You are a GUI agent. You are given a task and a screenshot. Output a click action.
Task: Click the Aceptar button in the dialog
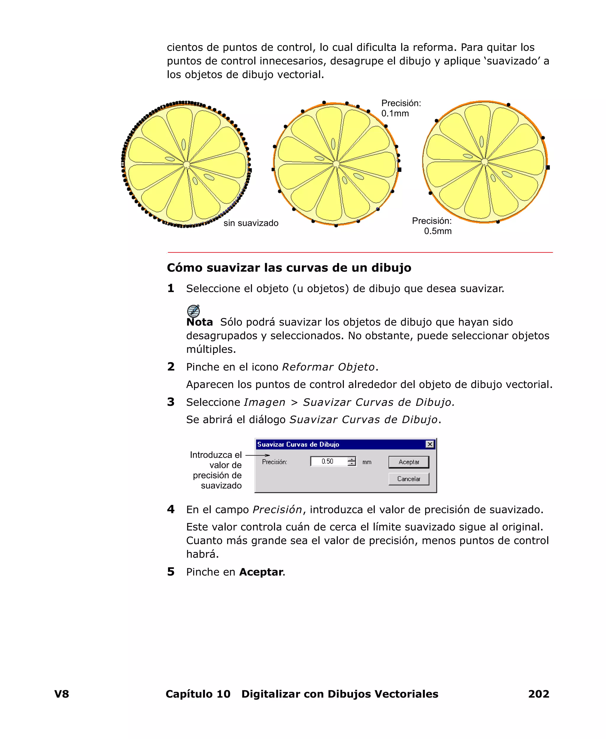click(408, 462)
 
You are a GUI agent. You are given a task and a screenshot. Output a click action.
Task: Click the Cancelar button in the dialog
click(408, 479)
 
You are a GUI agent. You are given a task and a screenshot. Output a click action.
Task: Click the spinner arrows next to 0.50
click(352, 461)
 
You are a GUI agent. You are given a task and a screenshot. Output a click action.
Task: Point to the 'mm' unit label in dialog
click(367, 462)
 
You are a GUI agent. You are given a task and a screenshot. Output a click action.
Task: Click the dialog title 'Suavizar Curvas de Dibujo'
click(298, 445)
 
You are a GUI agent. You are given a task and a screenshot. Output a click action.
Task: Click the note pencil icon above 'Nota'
click(194, 311)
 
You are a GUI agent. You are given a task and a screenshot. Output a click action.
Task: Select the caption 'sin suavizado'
click(251, 223)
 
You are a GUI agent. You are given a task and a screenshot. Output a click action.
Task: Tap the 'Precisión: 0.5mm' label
click(432, 226)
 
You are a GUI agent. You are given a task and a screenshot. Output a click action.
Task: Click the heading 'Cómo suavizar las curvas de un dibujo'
click(289, 268)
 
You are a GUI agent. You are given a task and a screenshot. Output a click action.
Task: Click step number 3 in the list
click(171, 402)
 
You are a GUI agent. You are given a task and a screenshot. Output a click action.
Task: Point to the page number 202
click(538, 694)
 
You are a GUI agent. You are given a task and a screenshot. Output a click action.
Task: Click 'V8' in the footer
click(62, 694)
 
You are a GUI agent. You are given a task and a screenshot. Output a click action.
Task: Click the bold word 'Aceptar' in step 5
click(261, 572)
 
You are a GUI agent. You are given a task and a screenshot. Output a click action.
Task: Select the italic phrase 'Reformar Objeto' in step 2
click(328, 367)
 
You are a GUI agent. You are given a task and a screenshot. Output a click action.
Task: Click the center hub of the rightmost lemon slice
click(484, 162)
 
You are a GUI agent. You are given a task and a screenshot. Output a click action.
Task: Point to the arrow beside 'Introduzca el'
click(258, 455)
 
